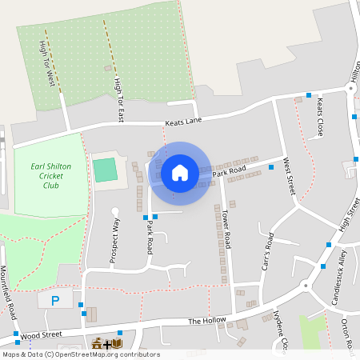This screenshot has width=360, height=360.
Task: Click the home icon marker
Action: coord(180,172)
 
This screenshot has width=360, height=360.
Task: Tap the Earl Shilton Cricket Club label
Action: coord(47,176)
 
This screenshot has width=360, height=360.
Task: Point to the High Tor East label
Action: coord(118,99)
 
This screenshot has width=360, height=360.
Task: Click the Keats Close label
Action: coord(318,117)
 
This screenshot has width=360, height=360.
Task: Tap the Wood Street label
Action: coord(42,336)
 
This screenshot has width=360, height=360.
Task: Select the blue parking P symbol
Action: coord(55,301)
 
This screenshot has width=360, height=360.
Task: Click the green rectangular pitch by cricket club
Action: coord(104,170)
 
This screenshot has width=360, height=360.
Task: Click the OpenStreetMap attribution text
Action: coord(80,354)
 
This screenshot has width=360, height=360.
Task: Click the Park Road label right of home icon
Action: coord(229,172)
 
